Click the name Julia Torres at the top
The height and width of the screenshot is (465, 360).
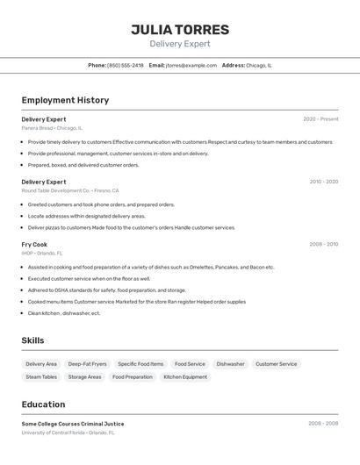(180, 30)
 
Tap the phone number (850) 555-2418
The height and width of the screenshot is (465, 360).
(125, 66)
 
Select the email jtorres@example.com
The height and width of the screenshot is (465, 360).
(191, 66)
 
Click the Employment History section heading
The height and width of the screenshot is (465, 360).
(65, 100)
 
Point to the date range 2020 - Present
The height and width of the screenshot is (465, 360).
(320, 119)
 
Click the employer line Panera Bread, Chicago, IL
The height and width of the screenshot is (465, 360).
(52, 128)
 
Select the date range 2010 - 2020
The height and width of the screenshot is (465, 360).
(323, 182)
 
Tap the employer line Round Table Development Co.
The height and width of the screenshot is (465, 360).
(70, 190)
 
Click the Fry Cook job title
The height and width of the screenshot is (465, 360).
(34, 245)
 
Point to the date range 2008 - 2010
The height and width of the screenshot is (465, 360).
(323, 245)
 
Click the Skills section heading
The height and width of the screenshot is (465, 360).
(32, 340)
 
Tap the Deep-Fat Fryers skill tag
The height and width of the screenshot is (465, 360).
(87, 364)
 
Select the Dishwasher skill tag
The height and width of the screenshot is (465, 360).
(230, 364)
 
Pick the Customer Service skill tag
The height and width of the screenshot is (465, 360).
(276, 364)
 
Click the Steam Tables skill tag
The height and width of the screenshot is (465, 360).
(41, 377)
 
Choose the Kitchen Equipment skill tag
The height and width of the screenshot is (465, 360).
(185, 377)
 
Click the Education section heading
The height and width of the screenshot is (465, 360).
(43, 404)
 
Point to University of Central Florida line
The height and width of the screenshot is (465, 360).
(68, 433)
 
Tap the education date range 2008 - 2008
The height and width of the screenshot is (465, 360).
(323, 424)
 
